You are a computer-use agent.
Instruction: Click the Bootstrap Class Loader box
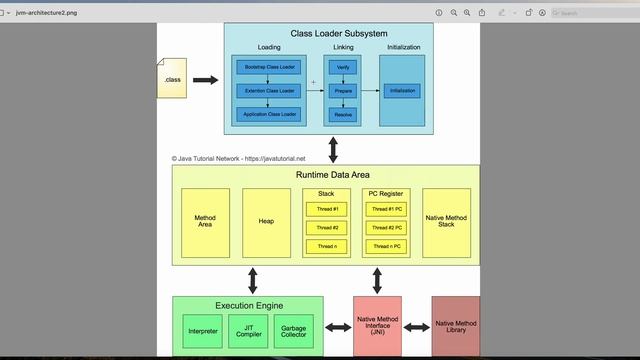point(267,67)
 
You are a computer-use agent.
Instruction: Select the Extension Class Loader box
point(267,91)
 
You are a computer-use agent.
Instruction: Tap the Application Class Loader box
point(267,115)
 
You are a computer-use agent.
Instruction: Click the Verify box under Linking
point(343,67)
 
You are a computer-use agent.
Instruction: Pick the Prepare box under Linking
point(343,91)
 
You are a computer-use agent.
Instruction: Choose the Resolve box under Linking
point(343,115)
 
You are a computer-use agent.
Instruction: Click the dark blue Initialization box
point(402,91)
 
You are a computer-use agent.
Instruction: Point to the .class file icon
point(172,79)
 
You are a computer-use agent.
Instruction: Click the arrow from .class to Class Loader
point(205,79)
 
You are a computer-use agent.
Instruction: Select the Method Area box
point(205,223)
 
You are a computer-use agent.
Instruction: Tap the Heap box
point(266,223)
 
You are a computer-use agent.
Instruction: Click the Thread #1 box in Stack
point(327,209)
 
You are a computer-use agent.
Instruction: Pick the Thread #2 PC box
point(386,228)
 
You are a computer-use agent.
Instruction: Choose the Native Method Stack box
point(447,223)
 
